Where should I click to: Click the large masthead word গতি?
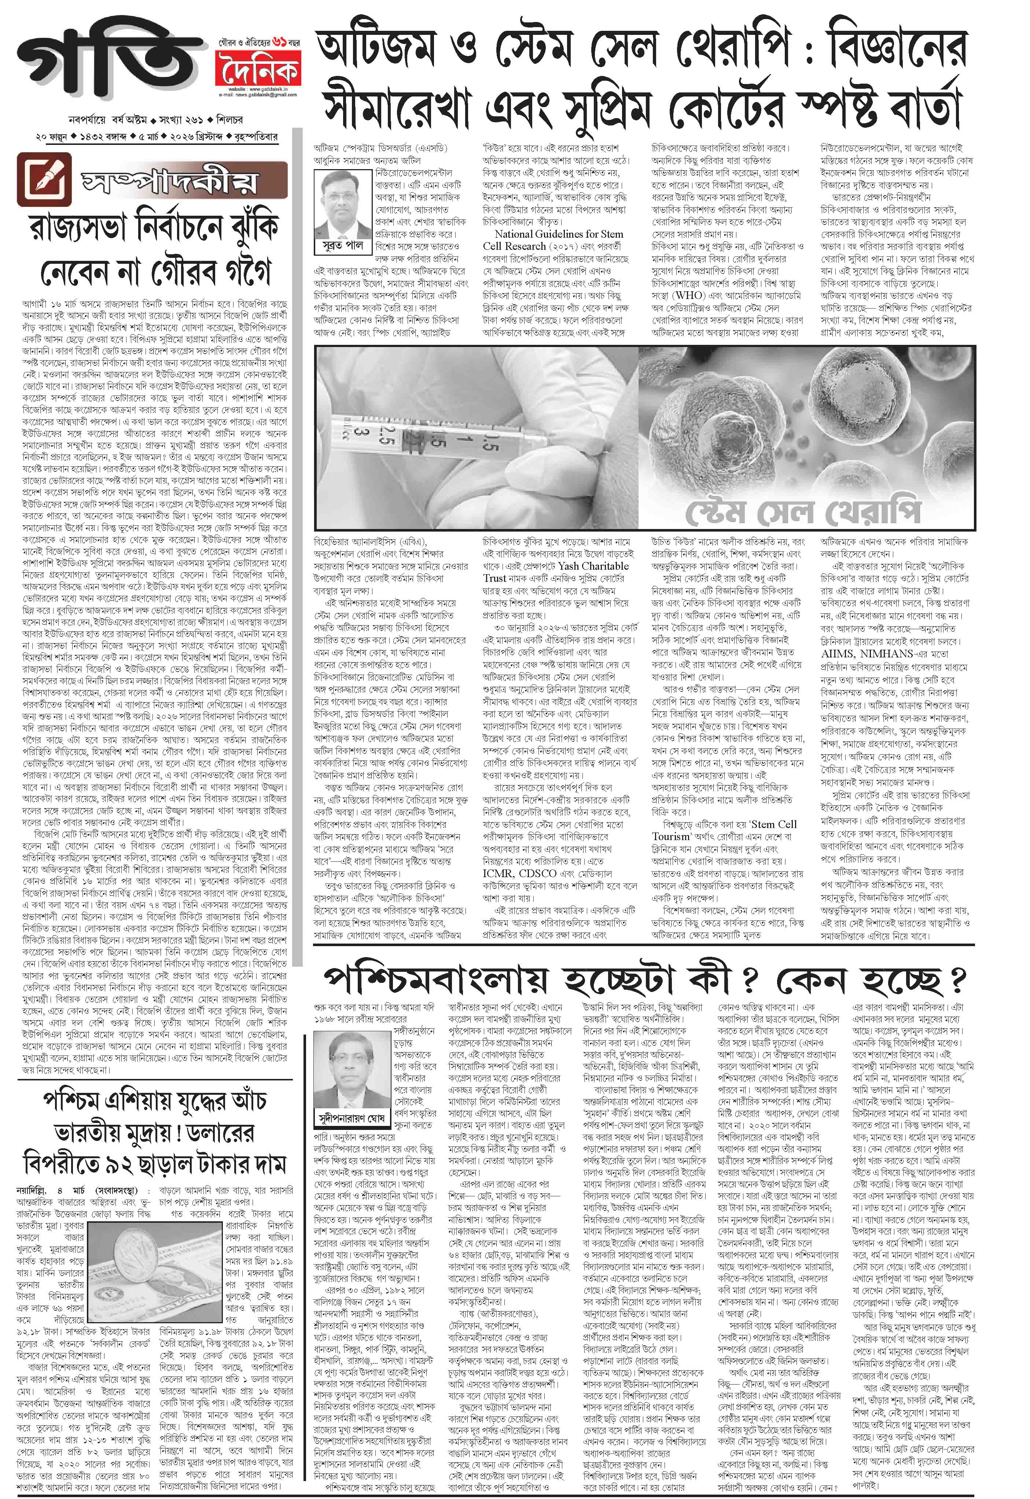[110, 65]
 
